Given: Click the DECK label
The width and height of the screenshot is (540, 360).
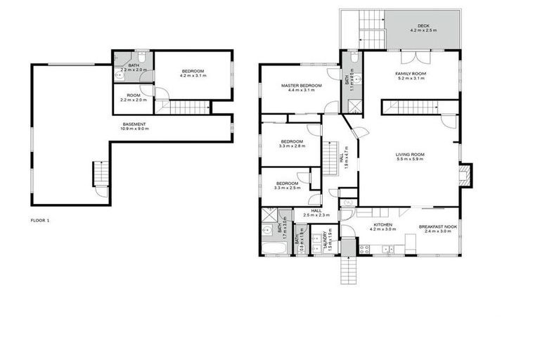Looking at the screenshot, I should tap(423, 25).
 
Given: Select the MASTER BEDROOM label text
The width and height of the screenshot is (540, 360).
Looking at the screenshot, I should tap(301, 85).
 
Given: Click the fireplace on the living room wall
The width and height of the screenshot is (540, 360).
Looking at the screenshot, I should tap(465, 174).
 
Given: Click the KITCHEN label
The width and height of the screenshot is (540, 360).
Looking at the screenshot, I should tap(382, 226).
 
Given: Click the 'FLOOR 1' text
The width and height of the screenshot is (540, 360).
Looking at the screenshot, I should tap(39, 220).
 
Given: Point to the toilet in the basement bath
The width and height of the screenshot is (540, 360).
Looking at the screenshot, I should tap(141, 58).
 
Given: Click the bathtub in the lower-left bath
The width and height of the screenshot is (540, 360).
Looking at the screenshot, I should tap(271, 250).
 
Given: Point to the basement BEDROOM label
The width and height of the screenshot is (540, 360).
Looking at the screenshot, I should tap(193, 70).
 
